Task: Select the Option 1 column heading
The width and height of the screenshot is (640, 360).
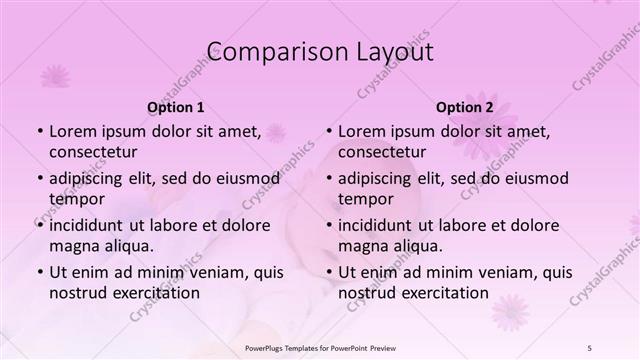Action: click(x=176, y=107)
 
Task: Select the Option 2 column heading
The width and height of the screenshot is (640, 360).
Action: click(x=465, y=107)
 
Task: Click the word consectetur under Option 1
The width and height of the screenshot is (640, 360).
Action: click(x=93, y=152)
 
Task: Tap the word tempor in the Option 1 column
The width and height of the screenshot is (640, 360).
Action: click(x=76, y=198)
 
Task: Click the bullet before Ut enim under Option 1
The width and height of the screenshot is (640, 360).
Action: click(x=39, y=272)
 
